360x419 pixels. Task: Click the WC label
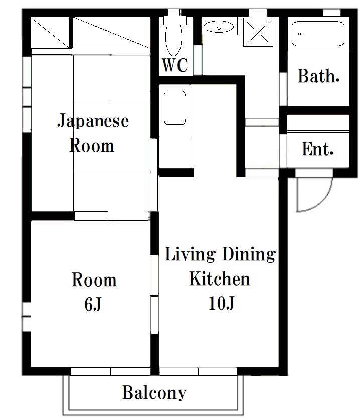175,65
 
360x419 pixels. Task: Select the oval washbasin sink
219,27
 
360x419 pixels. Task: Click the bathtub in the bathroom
318,34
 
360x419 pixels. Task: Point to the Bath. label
318,76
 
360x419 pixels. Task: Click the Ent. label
317,149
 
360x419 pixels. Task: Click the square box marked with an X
258,32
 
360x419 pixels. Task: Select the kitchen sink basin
174,108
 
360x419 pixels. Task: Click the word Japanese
93,121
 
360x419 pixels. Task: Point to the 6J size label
93,304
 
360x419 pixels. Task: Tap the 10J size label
221,303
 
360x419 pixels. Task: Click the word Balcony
154,392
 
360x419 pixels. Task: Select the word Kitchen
220,278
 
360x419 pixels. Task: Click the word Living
190,254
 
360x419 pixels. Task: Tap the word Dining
249,254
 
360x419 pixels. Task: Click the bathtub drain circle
299,34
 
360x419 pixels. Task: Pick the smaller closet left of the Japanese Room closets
51,33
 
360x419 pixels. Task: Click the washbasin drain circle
219,28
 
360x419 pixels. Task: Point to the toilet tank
174,20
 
